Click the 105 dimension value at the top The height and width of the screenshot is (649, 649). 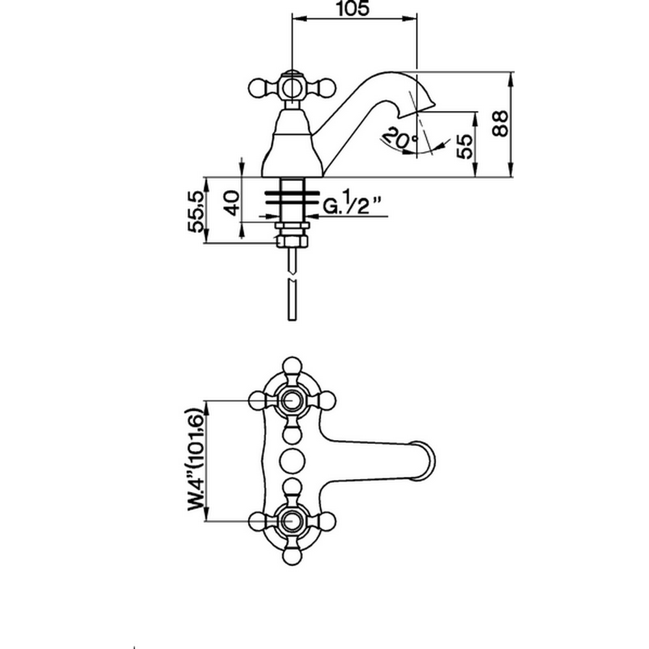[x=354, y=9]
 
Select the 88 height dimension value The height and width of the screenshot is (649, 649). [x=500, y=122]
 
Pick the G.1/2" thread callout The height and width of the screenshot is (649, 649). [x=350, y=206]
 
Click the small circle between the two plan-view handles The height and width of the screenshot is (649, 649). [x=291, y=460]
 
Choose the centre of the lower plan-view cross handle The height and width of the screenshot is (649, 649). [x=291, y=520]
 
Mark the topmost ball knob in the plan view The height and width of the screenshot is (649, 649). [x=291, y=364]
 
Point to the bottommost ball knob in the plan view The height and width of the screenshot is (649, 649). [x=291, y=556]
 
